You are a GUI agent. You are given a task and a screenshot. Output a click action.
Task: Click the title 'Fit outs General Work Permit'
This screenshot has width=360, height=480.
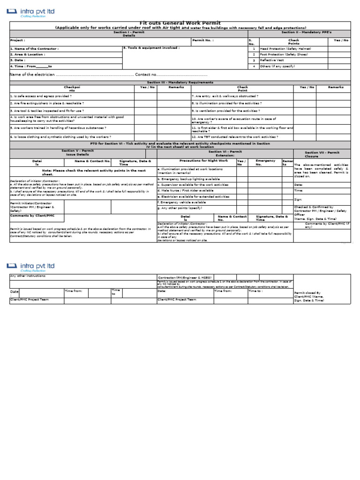coord(180,23)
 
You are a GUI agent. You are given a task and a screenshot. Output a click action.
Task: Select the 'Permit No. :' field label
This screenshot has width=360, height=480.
coord(203,40)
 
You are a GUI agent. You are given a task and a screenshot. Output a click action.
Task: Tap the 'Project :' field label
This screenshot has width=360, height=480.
coord(17,40)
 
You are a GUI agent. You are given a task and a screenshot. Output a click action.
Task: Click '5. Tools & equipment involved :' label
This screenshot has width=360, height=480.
coord(151,48)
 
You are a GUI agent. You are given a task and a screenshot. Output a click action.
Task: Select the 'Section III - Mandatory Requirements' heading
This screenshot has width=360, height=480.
coord(180,82)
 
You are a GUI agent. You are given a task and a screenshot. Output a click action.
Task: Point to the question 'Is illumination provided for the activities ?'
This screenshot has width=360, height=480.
coord(226,103)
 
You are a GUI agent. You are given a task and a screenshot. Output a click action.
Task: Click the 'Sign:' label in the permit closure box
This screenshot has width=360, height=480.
coord(298,199)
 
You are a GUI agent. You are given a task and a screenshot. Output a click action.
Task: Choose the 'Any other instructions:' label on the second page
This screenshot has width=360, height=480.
coord(28,276)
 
